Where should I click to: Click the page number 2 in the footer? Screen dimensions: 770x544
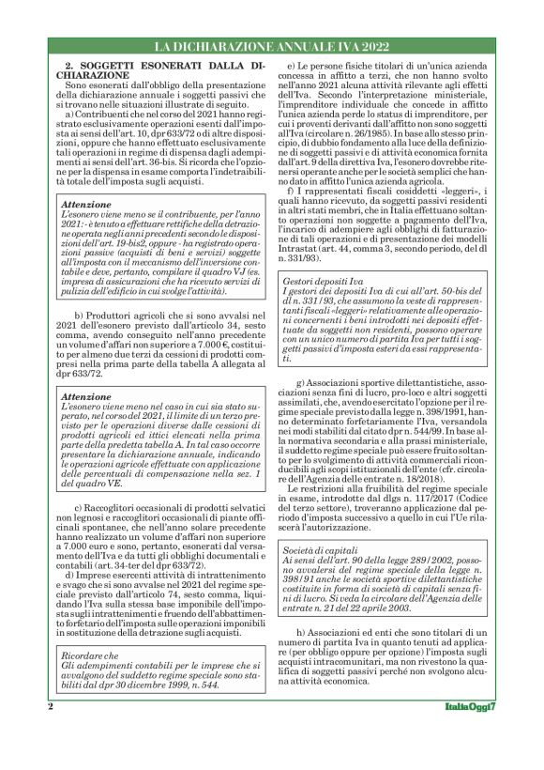(50, 704)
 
